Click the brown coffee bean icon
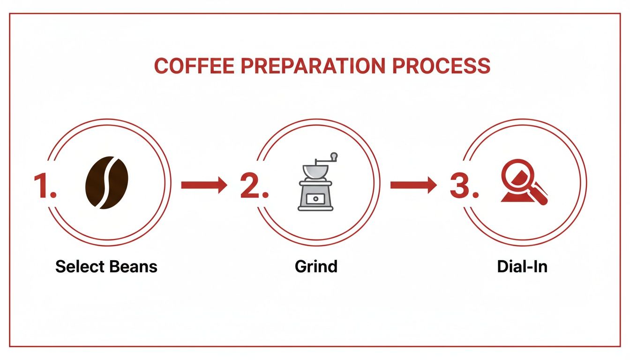(107, 182)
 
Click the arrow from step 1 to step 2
(204, 185)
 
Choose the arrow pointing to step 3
(413, 185)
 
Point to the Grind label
(316, 267)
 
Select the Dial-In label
(522, 267)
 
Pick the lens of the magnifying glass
(517, 175)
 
